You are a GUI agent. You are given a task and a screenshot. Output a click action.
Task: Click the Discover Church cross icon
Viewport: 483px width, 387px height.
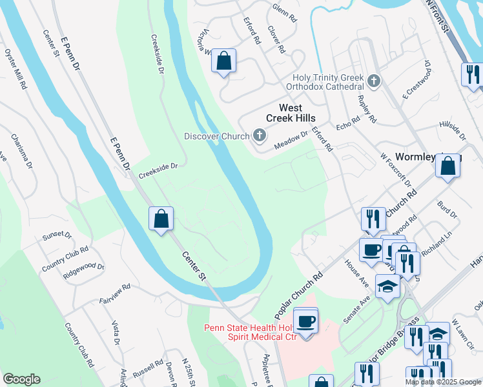pos(259,135)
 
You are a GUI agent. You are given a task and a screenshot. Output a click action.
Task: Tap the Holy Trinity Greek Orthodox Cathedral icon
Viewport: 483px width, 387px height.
pos(373,81)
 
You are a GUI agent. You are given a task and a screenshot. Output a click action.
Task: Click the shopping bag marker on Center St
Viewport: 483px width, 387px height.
pos(161,218)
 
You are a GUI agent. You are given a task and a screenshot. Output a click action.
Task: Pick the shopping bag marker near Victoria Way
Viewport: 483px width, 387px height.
pos(223,61)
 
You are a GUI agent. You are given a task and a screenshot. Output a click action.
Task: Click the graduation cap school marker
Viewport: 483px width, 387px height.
pos(387,286)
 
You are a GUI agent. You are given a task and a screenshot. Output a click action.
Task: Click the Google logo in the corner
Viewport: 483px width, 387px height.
pos(22,379)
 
